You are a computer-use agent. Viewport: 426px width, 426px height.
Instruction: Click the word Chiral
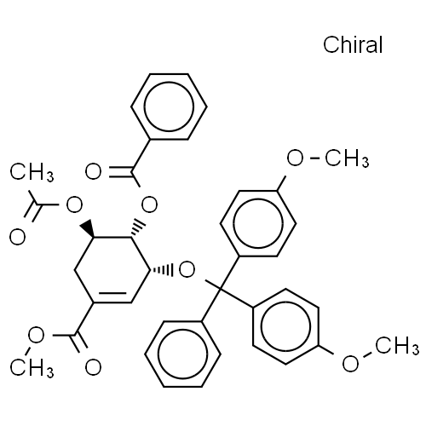[353, 44]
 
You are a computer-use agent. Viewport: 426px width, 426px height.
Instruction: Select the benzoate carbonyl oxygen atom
[93, 171]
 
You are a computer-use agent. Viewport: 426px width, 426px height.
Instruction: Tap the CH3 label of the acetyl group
[32, 172]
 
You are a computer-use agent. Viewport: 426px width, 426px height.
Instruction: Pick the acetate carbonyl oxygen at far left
[18, 237]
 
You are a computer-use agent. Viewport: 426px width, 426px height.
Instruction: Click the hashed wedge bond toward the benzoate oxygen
[138, 227]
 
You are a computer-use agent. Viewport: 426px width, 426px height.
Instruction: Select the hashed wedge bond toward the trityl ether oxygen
[161, 270]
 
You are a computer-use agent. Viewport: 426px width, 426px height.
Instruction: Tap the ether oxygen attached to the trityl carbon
[187, 270]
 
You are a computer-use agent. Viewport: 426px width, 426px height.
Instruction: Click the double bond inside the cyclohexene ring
[112, 293]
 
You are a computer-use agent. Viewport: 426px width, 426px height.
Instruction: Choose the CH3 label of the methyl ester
[32, 367]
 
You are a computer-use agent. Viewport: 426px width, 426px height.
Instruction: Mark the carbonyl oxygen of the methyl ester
[93, 367]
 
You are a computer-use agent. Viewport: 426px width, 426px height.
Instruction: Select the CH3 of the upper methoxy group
[347, 158]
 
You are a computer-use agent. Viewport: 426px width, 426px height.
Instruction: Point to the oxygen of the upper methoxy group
[295, 158]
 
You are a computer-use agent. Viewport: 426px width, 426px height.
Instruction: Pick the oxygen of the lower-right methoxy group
[350, 364]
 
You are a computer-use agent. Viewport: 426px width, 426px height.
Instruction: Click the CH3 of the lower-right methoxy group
[397, 346]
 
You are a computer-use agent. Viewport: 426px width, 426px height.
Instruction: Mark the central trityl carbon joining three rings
[221, 289]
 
